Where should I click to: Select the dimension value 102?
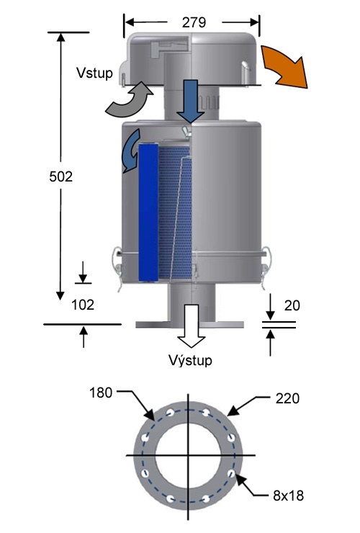click(x=84, y=304)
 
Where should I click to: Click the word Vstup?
click(x=94, y=73)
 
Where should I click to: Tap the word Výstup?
click(x=190, y=359)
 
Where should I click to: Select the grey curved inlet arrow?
click(x=130, y=97)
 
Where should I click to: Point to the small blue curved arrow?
click(x=130, y=149)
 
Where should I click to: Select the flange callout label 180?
click(x=102, y=394)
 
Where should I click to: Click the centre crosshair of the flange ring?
click(x=188, y=455)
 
